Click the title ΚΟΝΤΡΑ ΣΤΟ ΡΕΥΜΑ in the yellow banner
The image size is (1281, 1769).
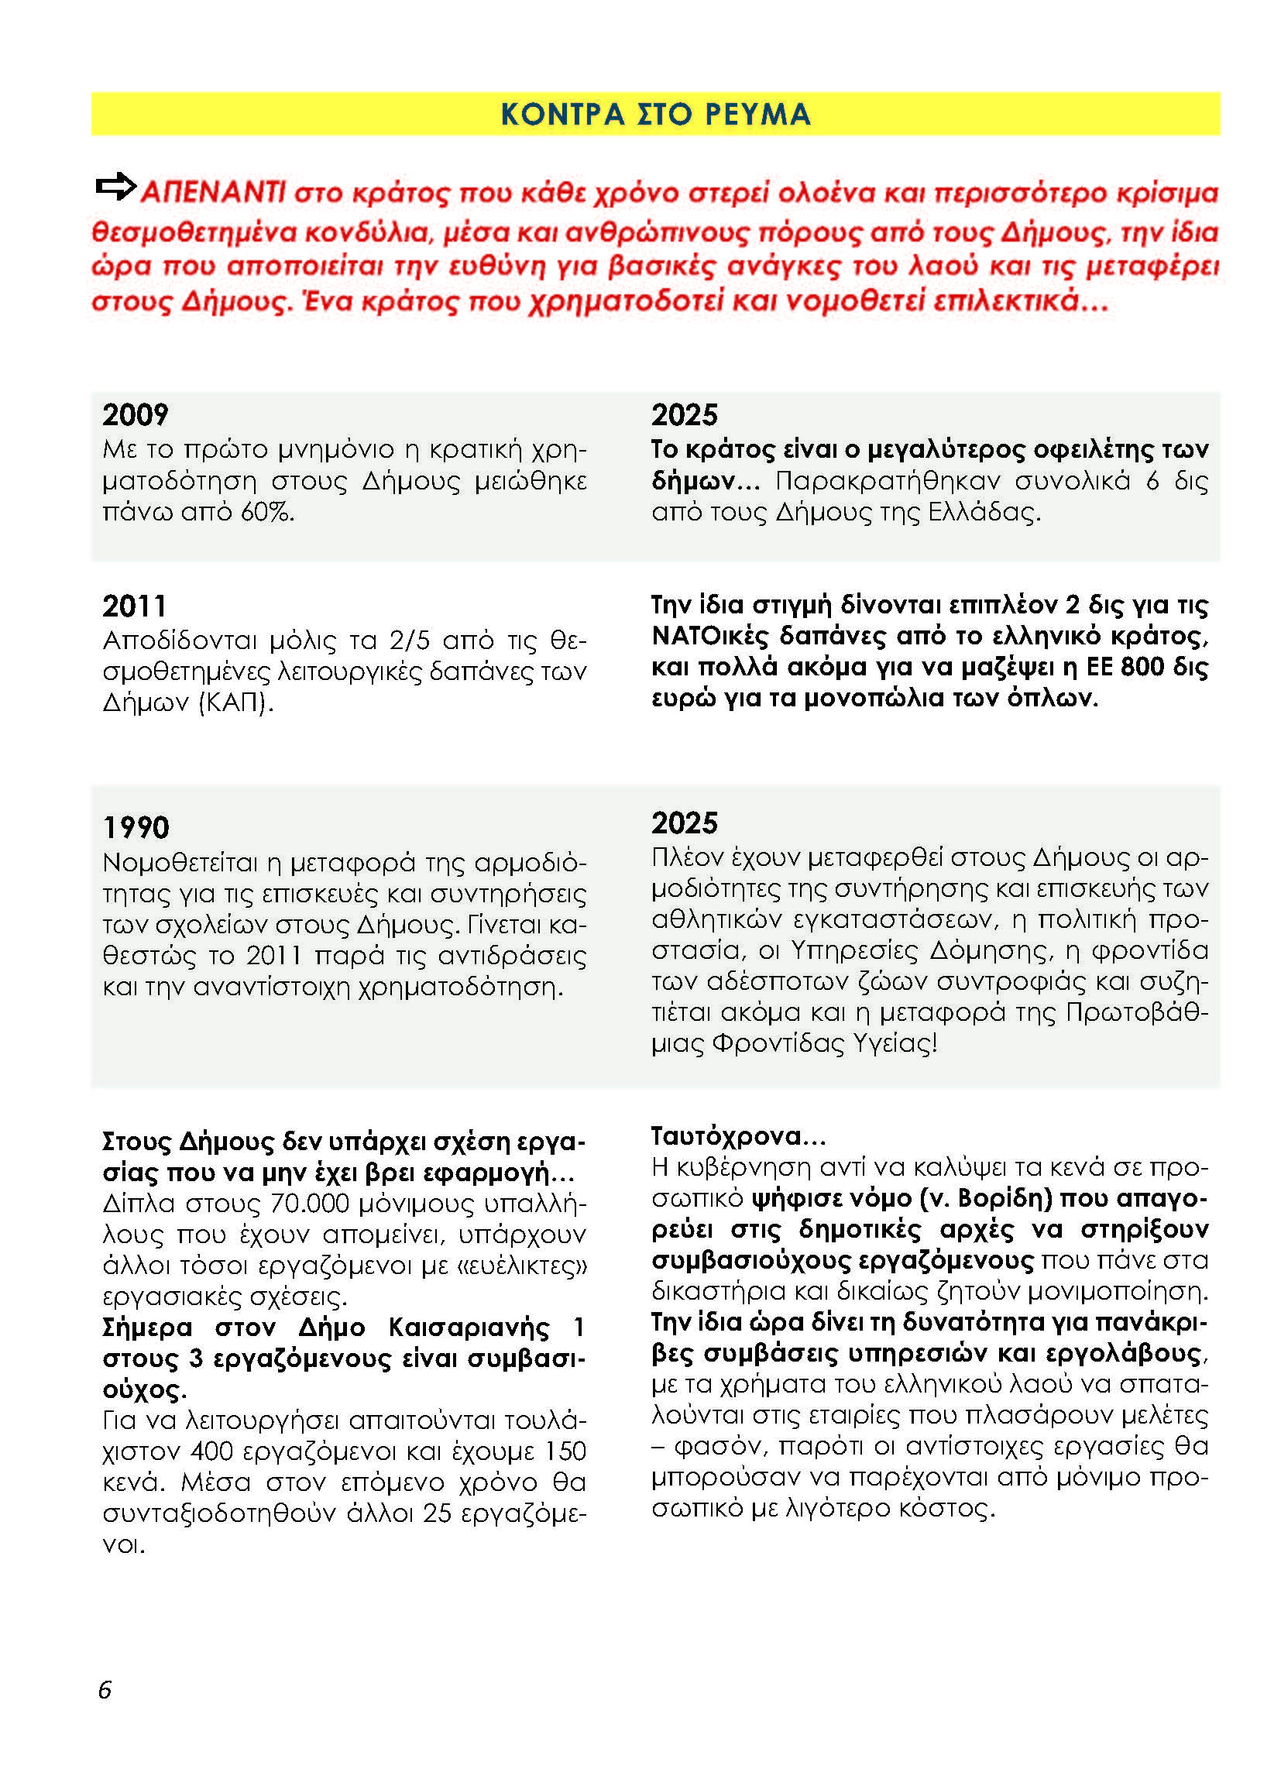coord(654,115)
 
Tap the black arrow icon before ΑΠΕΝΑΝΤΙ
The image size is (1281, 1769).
coord(115,187)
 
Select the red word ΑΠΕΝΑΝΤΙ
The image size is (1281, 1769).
coord(213,192)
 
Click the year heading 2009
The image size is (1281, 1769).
coord(135,415)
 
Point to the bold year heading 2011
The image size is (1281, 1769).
coord(134,606)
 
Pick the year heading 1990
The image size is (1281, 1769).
coord(136,827)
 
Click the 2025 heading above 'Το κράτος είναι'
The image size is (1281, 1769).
coord(684,415)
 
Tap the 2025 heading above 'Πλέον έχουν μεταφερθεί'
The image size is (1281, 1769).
coord(684,823)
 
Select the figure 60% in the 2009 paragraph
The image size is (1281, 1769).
coord(266,513)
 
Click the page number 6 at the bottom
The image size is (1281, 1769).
coord(105,1690)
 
